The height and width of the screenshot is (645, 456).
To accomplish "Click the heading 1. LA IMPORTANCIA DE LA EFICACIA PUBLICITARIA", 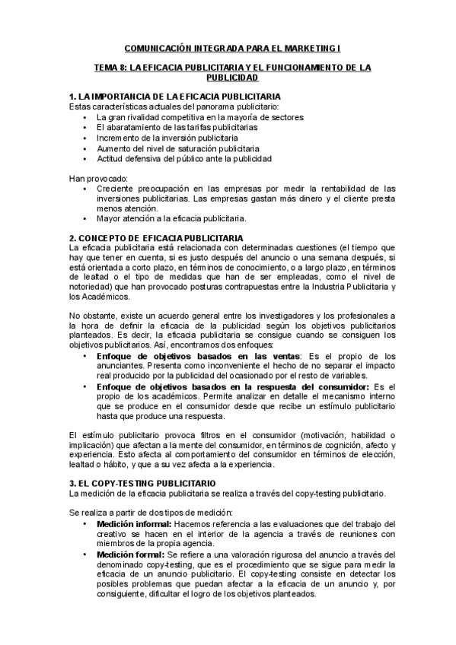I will pyautogui.click(x=174, y=97).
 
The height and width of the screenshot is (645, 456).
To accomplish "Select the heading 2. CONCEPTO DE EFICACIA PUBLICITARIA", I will pyautogui.click(x=156, y=238).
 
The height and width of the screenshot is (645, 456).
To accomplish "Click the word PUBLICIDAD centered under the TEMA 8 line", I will pyautogui.click(x=228, y=78).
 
